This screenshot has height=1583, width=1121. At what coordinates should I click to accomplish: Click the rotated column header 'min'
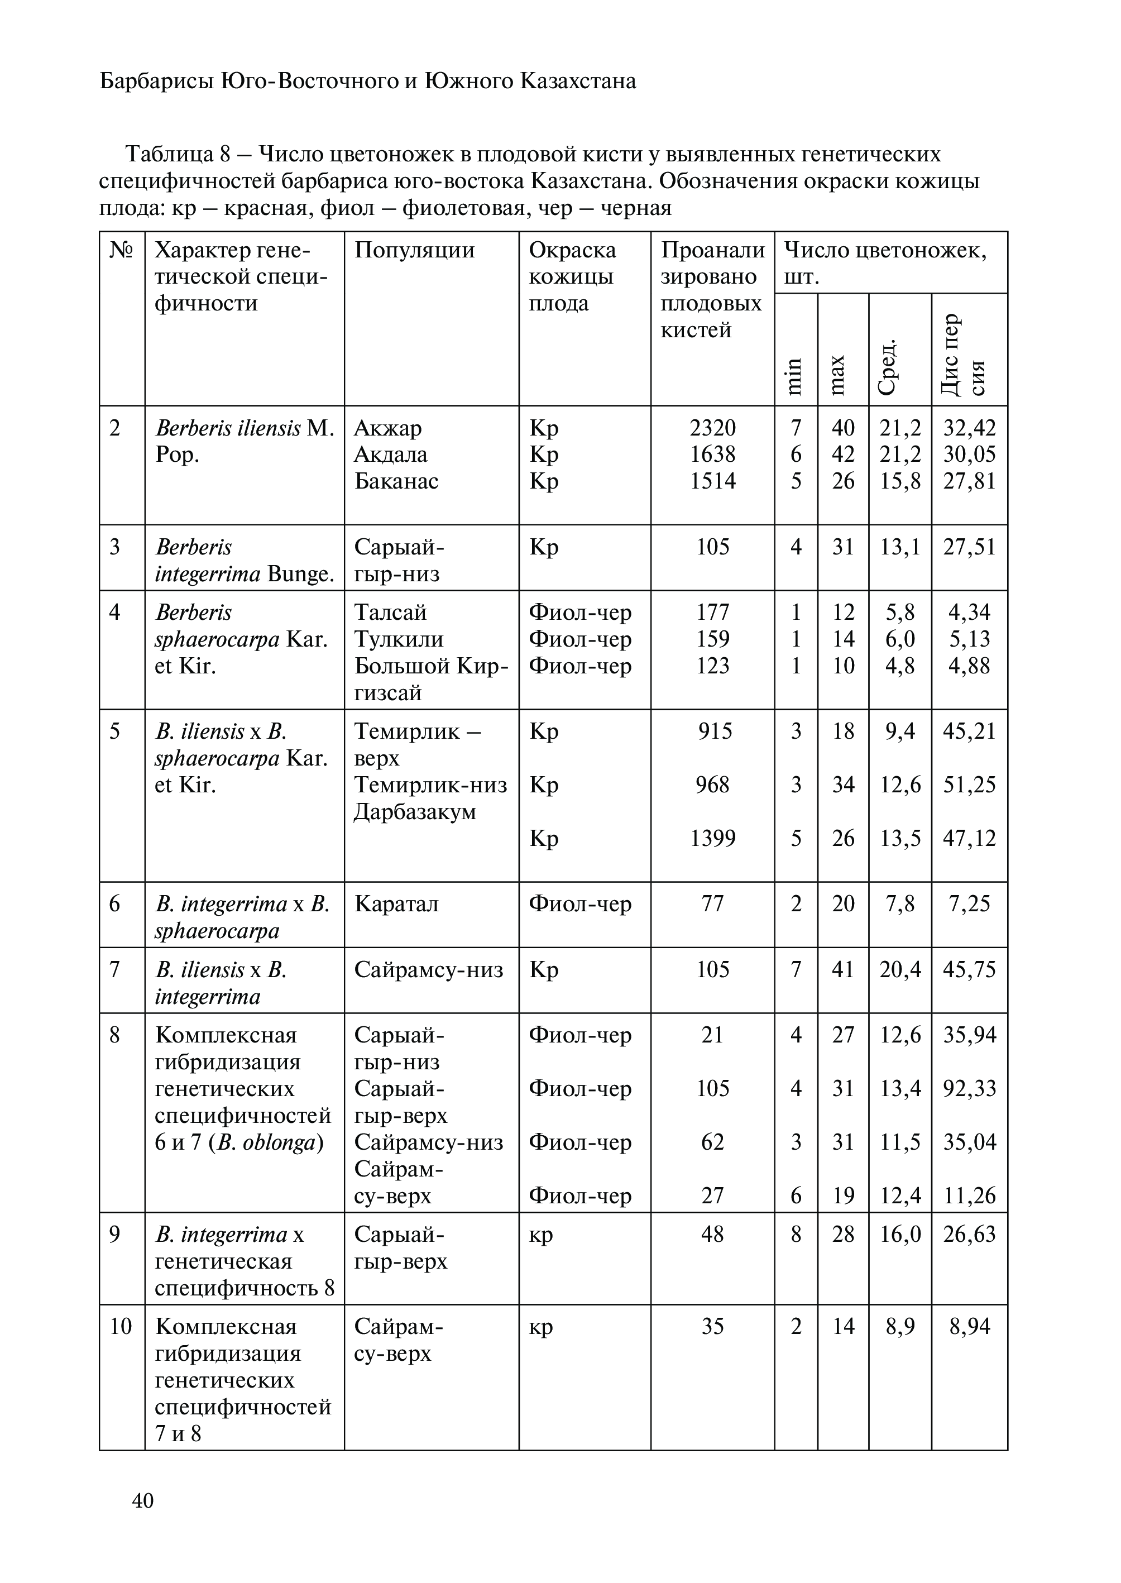click(x=795, y=376)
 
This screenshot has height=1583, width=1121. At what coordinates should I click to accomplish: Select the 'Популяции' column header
click(x=414, y=250)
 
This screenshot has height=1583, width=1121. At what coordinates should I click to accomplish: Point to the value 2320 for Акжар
click(x=713, y=428)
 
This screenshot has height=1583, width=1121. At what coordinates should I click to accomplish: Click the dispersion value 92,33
click(x=970, y=1089)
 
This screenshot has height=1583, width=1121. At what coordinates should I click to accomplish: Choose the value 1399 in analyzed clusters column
click(x=713, y=838)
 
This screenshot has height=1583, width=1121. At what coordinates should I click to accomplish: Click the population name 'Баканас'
click(x=396, y=481)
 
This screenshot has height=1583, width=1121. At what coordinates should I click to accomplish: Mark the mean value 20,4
click(x=900, y=970)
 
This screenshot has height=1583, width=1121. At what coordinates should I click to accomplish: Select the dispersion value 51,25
click(x=970, y=785)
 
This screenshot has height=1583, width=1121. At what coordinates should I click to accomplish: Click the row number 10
click(x=121, y=1326)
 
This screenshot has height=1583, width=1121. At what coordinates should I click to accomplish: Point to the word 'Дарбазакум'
click(x=415, y=812)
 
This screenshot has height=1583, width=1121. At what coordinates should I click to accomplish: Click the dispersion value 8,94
click(x=969, y=1326)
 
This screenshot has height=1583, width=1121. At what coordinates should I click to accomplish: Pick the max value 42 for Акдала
click(x=843, y=455)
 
